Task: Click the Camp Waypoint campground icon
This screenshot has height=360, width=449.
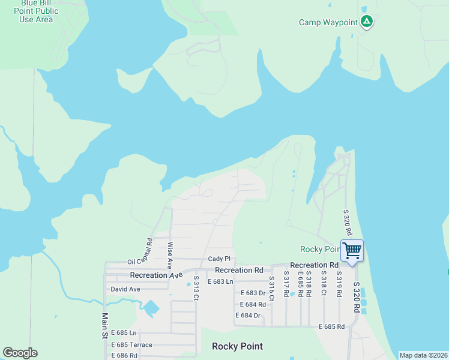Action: click(x=367, y=22)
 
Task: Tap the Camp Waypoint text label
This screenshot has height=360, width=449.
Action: click(x=328, y=23)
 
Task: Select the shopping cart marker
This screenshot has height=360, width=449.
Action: click(x=352, y=250)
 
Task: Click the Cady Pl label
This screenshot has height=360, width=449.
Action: click(x=219, y=259)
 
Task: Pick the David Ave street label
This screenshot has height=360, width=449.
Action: click(x=125, y=289)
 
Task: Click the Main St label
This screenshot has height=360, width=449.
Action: click(x=104, y=326)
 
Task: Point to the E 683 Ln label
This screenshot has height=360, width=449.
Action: click(x=220, y=281)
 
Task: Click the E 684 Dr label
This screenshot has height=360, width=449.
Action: click(x=248, y=316)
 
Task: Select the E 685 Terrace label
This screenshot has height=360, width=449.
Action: click(x=131, y=344)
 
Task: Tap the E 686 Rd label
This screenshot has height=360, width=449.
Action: click(x=124, y=355)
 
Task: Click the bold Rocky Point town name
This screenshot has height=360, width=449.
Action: click(x=237, y=346)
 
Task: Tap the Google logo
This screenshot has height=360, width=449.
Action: click(x=20, y=353)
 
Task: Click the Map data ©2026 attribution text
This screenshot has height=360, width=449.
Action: click(x=423, y=355)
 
